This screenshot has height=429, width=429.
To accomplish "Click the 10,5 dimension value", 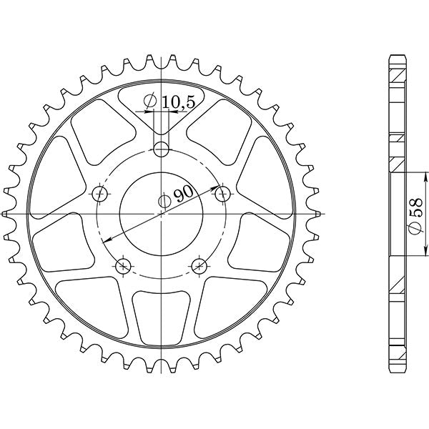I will (178, 102).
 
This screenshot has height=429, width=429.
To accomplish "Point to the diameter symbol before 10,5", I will (150, 102).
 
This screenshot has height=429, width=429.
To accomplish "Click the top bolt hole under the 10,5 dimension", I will (163, 149).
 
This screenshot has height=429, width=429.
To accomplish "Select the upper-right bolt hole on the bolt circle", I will (222, 193).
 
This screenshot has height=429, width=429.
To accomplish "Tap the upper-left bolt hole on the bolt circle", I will (101, 193).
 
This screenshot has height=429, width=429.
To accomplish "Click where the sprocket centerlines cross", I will (163, 214).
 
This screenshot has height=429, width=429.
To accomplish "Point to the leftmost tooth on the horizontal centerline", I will (6, 214).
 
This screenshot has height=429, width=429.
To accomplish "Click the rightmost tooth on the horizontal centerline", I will (318, 214).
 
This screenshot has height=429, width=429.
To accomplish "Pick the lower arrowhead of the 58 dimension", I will (424, 254).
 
